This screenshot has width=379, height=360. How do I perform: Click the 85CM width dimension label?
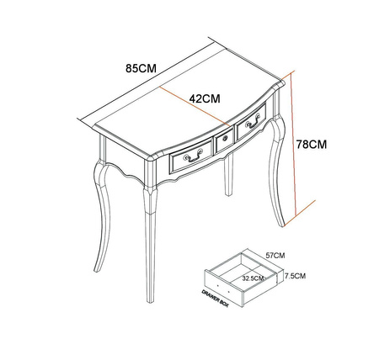(141, 68)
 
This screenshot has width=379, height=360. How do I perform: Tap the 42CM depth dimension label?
(205, 98)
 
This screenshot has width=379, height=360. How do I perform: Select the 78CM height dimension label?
(312, 144)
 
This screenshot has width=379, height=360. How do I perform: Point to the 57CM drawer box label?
(275, 256)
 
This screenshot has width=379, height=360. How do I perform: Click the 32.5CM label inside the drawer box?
(253, 278)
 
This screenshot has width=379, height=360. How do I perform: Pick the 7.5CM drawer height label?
(295, 276)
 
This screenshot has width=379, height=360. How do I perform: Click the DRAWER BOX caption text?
(215, 299)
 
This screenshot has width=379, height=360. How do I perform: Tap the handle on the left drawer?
(193, 156)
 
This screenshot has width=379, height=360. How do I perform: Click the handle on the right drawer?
(253, 121)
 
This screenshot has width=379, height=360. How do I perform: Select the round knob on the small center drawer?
(225, 138)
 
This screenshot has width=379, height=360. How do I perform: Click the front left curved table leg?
(102, 213)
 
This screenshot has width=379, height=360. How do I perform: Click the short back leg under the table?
(229, 175)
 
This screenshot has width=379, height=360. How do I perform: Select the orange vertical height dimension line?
(294, 143)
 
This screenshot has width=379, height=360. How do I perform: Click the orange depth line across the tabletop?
(195, 106)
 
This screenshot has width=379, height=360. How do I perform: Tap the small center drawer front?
(225, 140)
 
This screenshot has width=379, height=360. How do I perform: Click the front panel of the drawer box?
(223, 288)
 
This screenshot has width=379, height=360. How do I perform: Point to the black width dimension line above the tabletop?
(143, 78)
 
